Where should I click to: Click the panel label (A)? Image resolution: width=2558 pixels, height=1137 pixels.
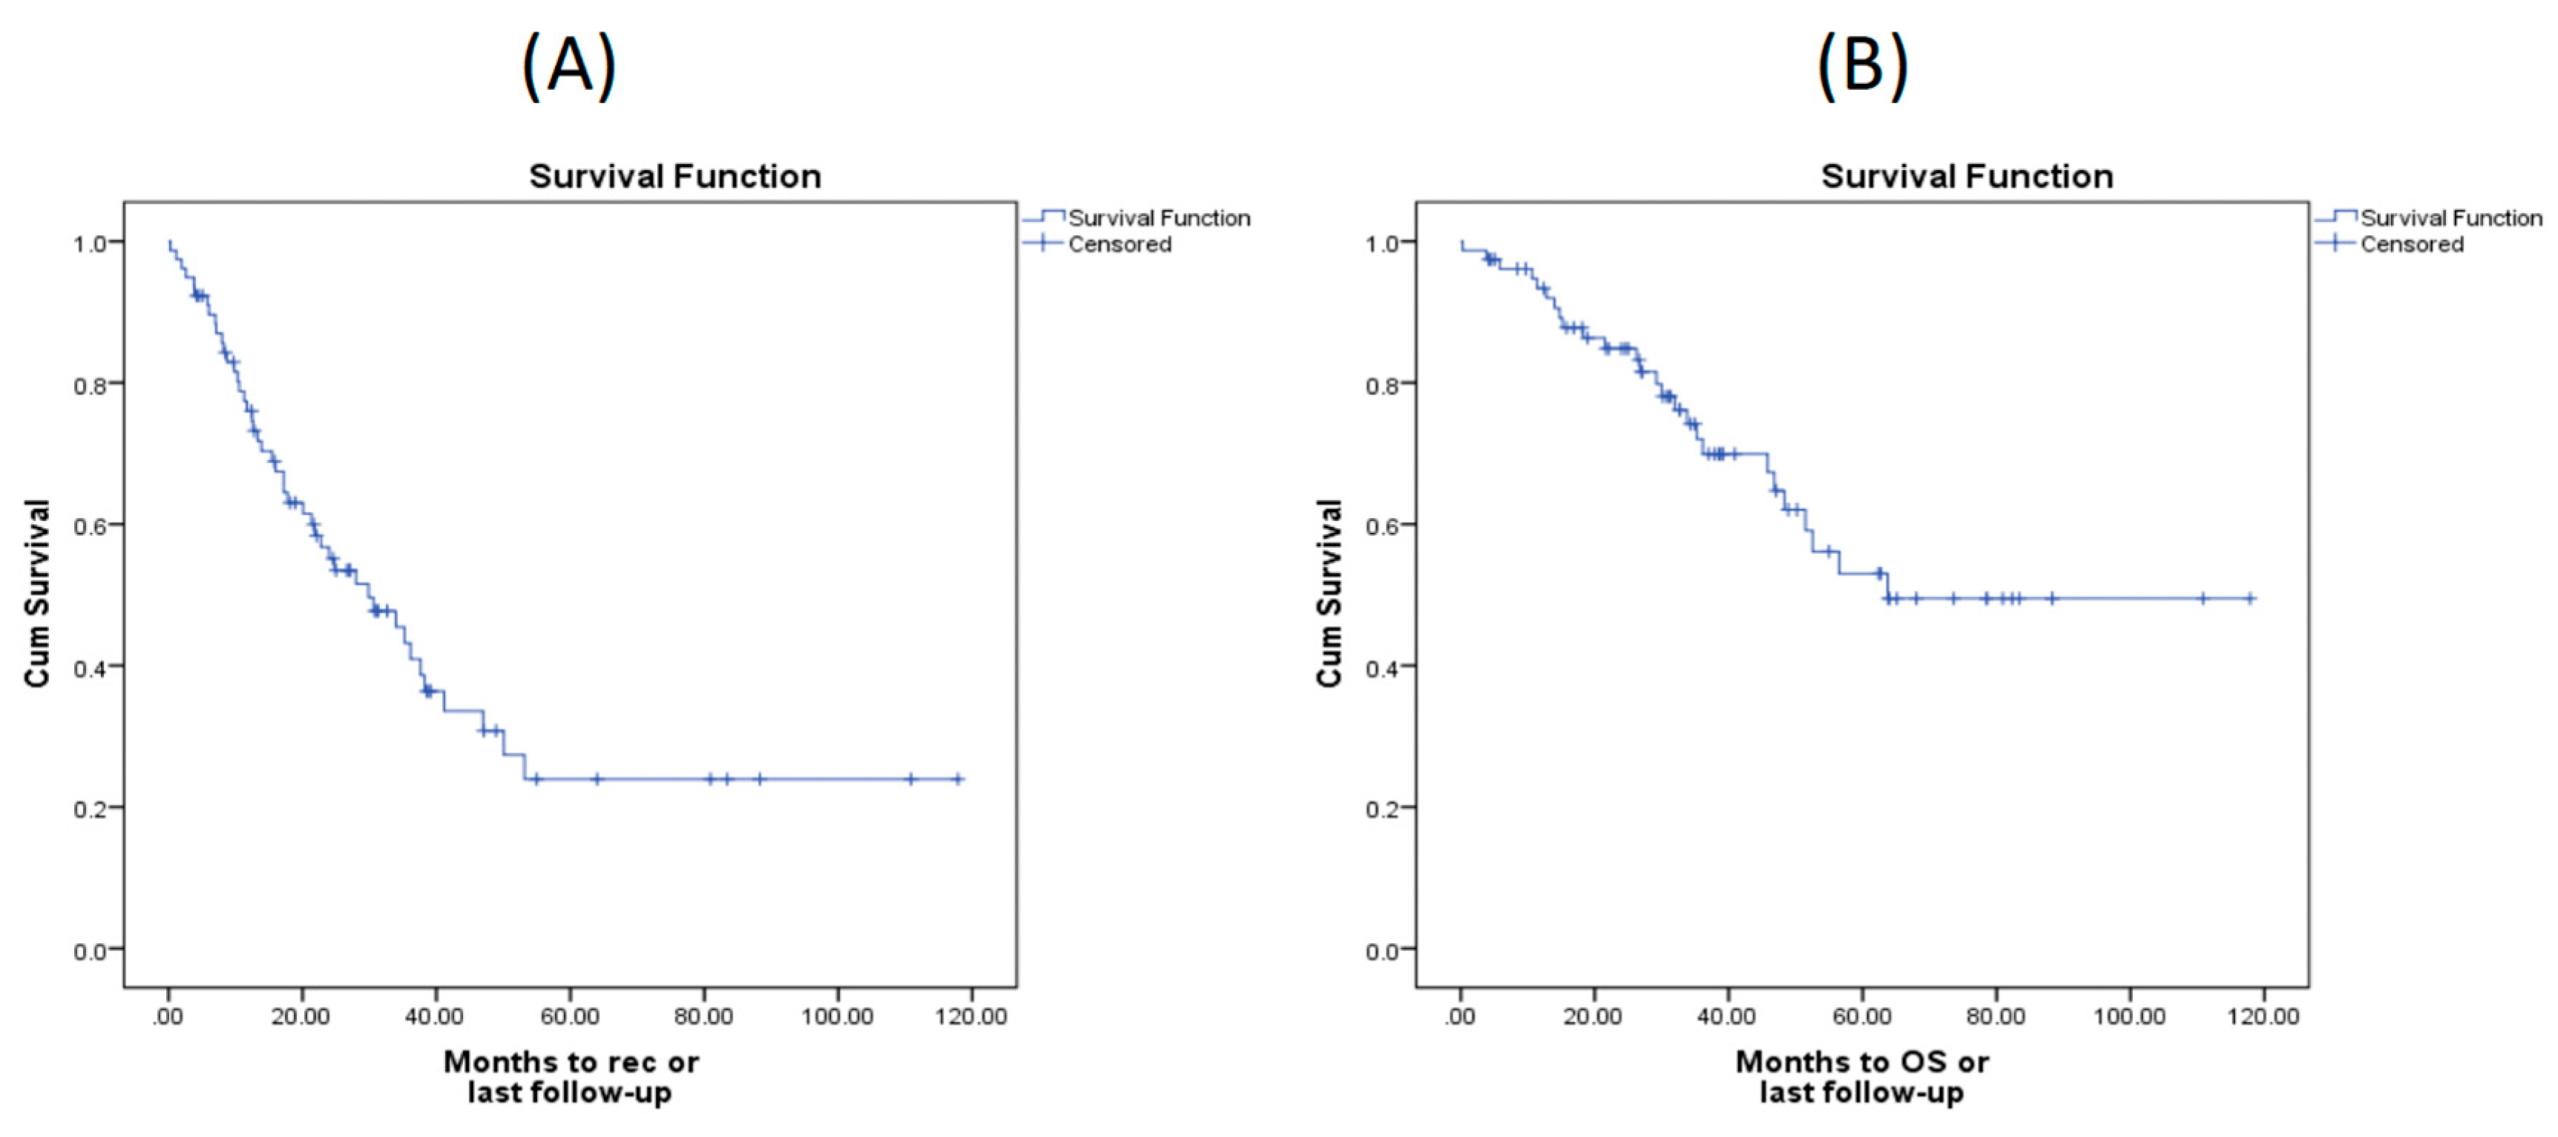(569, 65)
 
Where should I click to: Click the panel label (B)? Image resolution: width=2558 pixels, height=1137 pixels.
(1862, 65)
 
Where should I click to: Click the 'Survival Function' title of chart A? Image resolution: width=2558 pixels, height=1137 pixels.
(674, 176)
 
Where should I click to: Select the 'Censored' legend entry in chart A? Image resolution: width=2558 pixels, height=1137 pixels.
(1119, 244)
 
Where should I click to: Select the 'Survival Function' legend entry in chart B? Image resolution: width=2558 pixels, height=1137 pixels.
(2450, 217)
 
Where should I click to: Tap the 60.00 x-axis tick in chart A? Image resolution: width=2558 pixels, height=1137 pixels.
(570, 1016)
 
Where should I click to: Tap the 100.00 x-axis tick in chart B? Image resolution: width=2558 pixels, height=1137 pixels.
(2129, 1016)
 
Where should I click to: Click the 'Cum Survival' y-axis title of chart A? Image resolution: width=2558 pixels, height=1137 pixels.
(37, 593)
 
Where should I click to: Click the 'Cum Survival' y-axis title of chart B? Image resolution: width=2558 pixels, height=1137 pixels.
(1329, 593)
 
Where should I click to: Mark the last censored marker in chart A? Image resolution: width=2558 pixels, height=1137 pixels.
(959, 779)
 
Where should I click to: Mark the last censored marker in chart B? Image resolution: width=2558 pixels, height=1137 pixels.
(2250, 599)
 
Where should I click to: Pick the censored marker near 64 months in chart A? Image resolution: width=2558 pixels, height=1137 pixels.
(596, 779)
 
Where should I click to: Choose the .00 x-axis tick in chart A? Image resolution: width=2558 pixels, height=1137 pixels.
(168, 1016)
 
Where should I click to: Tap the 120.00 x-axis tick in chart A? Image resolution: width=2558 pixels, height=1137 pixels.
(970, 1016)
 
